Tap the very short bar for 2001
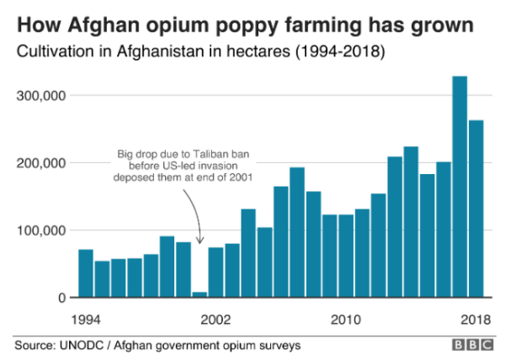[199, 294]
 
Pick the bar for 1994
[86, 273]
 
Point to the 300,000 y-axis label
[40, 96]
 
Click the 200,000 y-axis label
[40, 163]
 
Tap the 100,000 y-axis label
[40, 230]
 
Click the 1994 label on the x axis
[86, 320]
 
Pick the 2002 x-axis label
[216, 320]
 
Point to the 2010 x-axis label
[346, 320]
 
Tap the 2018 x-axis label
[476, 320]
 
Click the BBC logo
[470, 346]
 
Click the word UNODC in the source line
[83, 346]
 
